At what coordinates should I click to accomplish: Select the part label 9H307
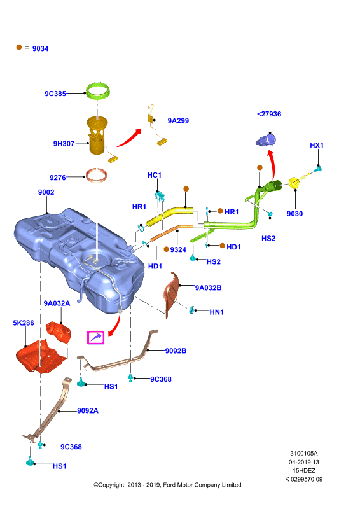[x=64, y=144]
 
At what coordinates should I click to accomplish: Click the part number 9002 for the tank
[x=46, y=192]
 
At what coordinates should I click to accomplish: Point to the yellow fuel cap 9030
[x=294, y=183]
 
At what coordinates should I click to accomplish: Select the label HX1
[x=317, y=145]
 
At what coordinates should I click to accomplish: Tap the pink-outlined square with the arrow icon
[x=96, y=338]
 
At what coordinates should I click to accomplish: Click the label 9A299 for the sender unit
[x=178, y=121]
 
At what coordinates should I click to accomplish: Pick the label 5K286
[x=24, y=323]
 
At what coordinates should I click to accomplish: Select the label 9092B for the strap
[x=176, y=351]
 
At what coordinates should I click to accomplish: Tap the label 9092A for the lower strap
[x=88, y=410]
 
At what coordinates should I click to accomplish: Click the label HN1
[x=216, y=312]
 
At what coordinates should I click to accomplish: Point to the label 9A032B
[x=208, y=288]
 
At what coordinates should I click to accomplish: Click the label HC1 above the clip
[x=154, y=176]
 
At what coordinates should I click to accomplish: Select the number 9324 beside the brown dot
[x=178, y=249]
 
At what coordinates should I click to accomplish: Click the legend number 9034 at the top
[x=40, y=49]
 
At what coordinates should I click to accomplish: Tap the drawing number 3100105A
[x=304, y=454]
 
